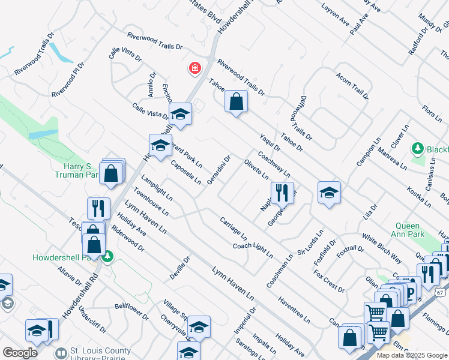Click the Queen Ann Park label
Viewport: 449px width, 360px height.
403,230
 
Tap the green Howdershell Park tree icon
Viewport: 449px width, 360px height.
107,257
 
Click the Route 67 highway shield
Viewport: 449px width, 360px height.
441,290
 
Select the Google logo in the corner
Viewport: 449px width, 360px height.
20,352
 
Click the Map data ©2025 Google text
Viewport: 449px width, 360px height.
411,355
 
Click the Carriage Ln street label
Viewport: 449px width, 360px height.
234,228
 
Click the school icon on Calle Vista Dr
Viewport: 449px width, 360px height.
179,113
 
